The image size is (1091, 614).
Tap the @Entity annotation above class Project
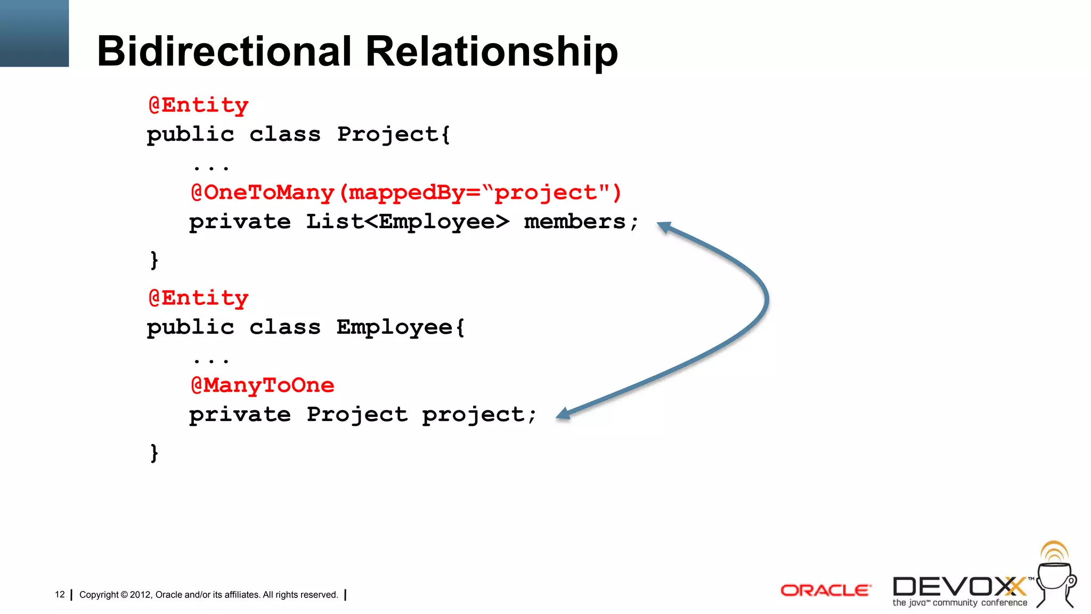[x=198, y=106]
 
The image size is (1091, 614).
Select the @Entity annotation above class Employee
[x=198, y=298]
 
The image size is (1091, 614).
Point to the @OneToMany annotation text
[x=263, y=193]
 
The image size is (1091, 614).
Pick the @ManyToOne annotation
[x=263, y=385]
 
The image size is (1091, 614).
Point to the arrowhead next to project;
[x=563, y=414]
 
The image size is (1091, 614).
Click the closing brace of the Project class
[x=154, y=260]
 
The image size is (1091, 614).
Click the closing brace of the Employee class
[x=154, y=453]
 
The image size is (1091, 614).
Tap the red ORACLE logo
[x=825, y=591]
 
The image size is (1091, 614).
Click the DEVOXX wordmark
[x=959, y=587]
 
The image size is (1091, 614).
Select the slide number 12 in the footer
[x=60, y=594]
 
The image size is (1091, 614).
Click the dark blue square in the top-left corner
[x=34, y=33]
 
